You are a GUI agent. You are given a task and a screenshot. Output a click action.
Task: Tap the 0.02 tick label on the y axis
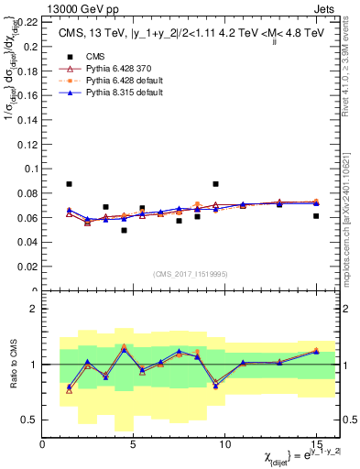[x=29, y=267]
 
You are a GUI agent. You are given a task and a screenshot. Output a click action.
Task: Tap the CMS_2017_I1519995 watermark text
[x=189, y=274]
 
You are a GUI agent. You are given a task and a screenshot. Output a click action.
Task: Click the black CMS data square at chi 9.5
[x=215, y=184]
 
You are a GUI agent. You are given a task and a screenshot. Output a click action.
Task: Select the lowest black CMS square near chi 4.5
[x=124, y=230]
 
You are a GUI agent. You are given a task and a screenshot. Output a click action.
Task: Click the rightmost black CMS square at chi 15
[x=315, y=216]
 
